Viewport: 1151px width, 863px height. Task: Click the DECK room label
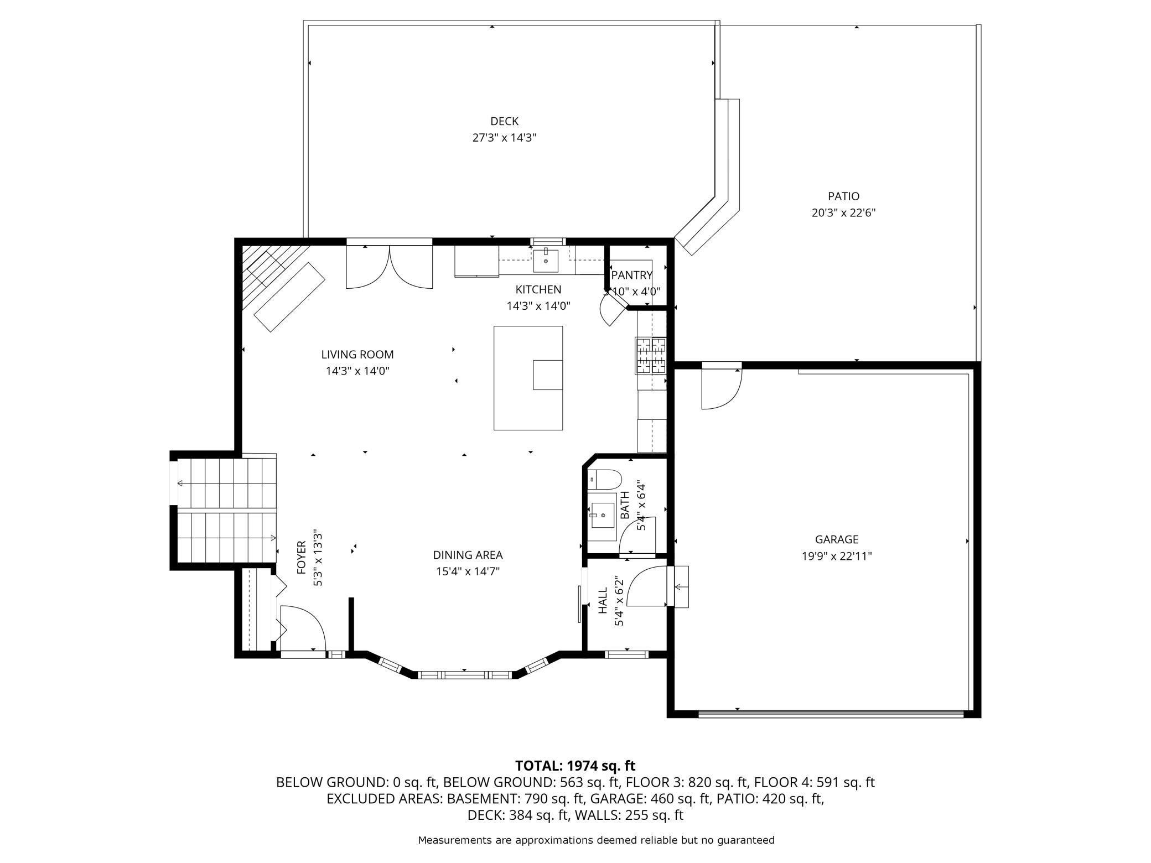click(x=504, y=121)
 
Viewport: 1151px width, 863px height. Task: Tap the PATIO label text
click(x=843, y=196)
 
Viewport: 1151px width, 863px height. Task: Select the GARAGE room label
click(x=837, y=539)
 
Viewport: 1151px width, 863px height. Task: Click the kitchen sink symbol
click(x=546, y=261)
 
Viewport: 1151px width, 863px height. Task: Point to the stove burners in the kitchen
click(x=651, y=355)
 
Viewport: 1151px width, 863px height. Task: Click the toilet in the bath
click(x=605, y=480)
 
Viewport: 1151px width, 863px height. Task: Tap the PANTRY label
click(x=632, y=275)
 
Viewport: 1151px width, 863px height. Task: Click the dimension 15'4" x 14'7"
click(x=468, y=571)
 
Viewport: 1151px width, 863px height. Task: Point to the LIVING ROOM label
click(x=357, y=355)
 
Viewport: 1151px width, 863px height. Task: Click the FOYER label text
click(x=302, y=557)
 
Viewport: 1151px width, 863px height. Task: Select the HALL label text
click(x=603, y=600)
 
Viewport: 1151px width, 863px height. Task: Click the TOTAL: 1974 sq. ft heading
click(x=575, y=766)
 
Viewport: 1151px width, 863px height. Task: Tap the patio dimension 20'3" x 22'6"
click(x=843, y=212)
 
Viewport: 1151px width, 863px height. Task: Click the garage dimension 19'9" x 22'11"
click(x=837, y=556)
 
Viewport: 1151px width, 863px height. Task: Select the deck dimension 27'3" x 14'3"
click(x=504, y=138)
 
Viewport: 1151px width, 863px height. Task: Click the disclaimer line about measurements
click(x=596, y=840)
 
